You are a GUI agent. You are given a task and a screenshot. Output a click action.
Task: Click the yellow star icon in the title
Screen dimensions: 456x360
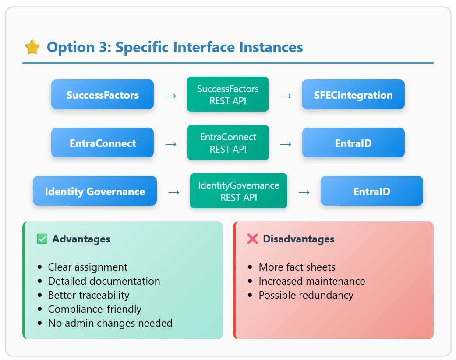click(x=32, y=47)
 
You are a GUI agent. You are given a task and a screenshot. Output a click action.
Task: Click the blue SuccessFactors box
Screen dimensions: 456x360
click(x=103, y=94)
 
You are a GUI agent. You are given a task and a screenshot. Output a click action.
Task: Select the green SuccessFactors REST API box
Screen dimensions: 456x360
click(x=228, y=94)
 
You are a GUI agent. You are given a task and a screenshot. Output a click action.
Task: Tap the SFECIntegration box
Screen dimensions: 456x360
click(x=353, y=94)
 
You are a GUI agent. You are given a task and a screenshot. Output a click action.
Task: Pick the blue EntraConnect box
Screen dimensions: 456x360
click(x=103, y=143)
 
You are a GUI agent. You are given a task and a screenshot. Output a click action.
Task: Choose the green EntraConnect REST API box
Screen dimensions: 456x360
click(x=228, y=143)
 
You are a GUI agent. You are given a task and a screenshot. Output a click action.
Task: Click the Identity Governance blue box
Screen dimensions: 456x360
click(x=95, y=191)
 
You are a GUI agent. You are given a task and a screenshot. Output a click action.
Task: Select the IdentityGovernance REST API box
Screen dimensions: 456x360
click(x=239, y=191)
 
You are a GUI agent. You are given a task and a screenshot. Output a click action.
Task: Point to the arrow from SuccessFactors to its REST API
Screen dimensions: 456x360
click(x=171, y=96)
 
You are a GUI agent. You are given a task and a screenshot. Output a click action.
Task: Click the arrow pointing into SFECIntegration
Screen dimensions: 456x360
click(x=286, y=96)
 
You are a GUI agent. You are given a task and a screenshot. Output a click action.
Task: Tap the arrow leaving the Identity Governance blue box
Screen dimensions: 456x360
click(x=173, y=192)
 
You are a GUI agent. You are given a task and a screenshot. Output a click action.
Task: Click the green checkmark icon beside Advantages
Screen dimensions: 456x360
click(x=42, y=239)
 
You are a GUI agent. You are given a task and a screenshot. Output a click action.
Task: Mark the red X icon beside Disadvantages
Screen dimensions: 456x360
click(x=252, y=239)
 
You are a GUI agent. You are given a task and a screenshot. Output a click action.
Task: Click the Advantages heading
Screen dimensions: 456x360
click(x=81, y=239)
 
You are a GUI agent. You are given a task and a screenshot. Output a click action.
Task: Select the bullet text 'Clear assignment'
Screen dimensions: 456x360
click(x=88, y=267)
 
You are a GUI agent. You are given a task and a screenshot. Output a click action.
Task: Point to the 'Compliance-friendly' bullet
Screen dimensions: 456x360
click(x=95, y=309)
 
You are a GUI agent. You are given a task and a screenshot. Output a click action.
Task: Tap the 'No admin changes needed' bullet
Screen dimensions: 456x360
click(x=110, y=323)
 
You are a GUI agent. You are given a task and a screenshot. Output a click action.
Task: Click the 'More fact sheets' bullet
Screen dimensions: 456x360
click(x=297, y=267)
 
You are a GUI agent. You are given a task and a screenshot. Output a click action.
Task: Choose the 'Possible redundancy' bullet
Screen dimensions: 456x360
click(x=306, y=295)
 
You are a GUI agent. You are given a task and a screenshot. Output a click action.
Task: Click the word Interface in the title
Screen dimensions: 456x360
click(x=204, y=47)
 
